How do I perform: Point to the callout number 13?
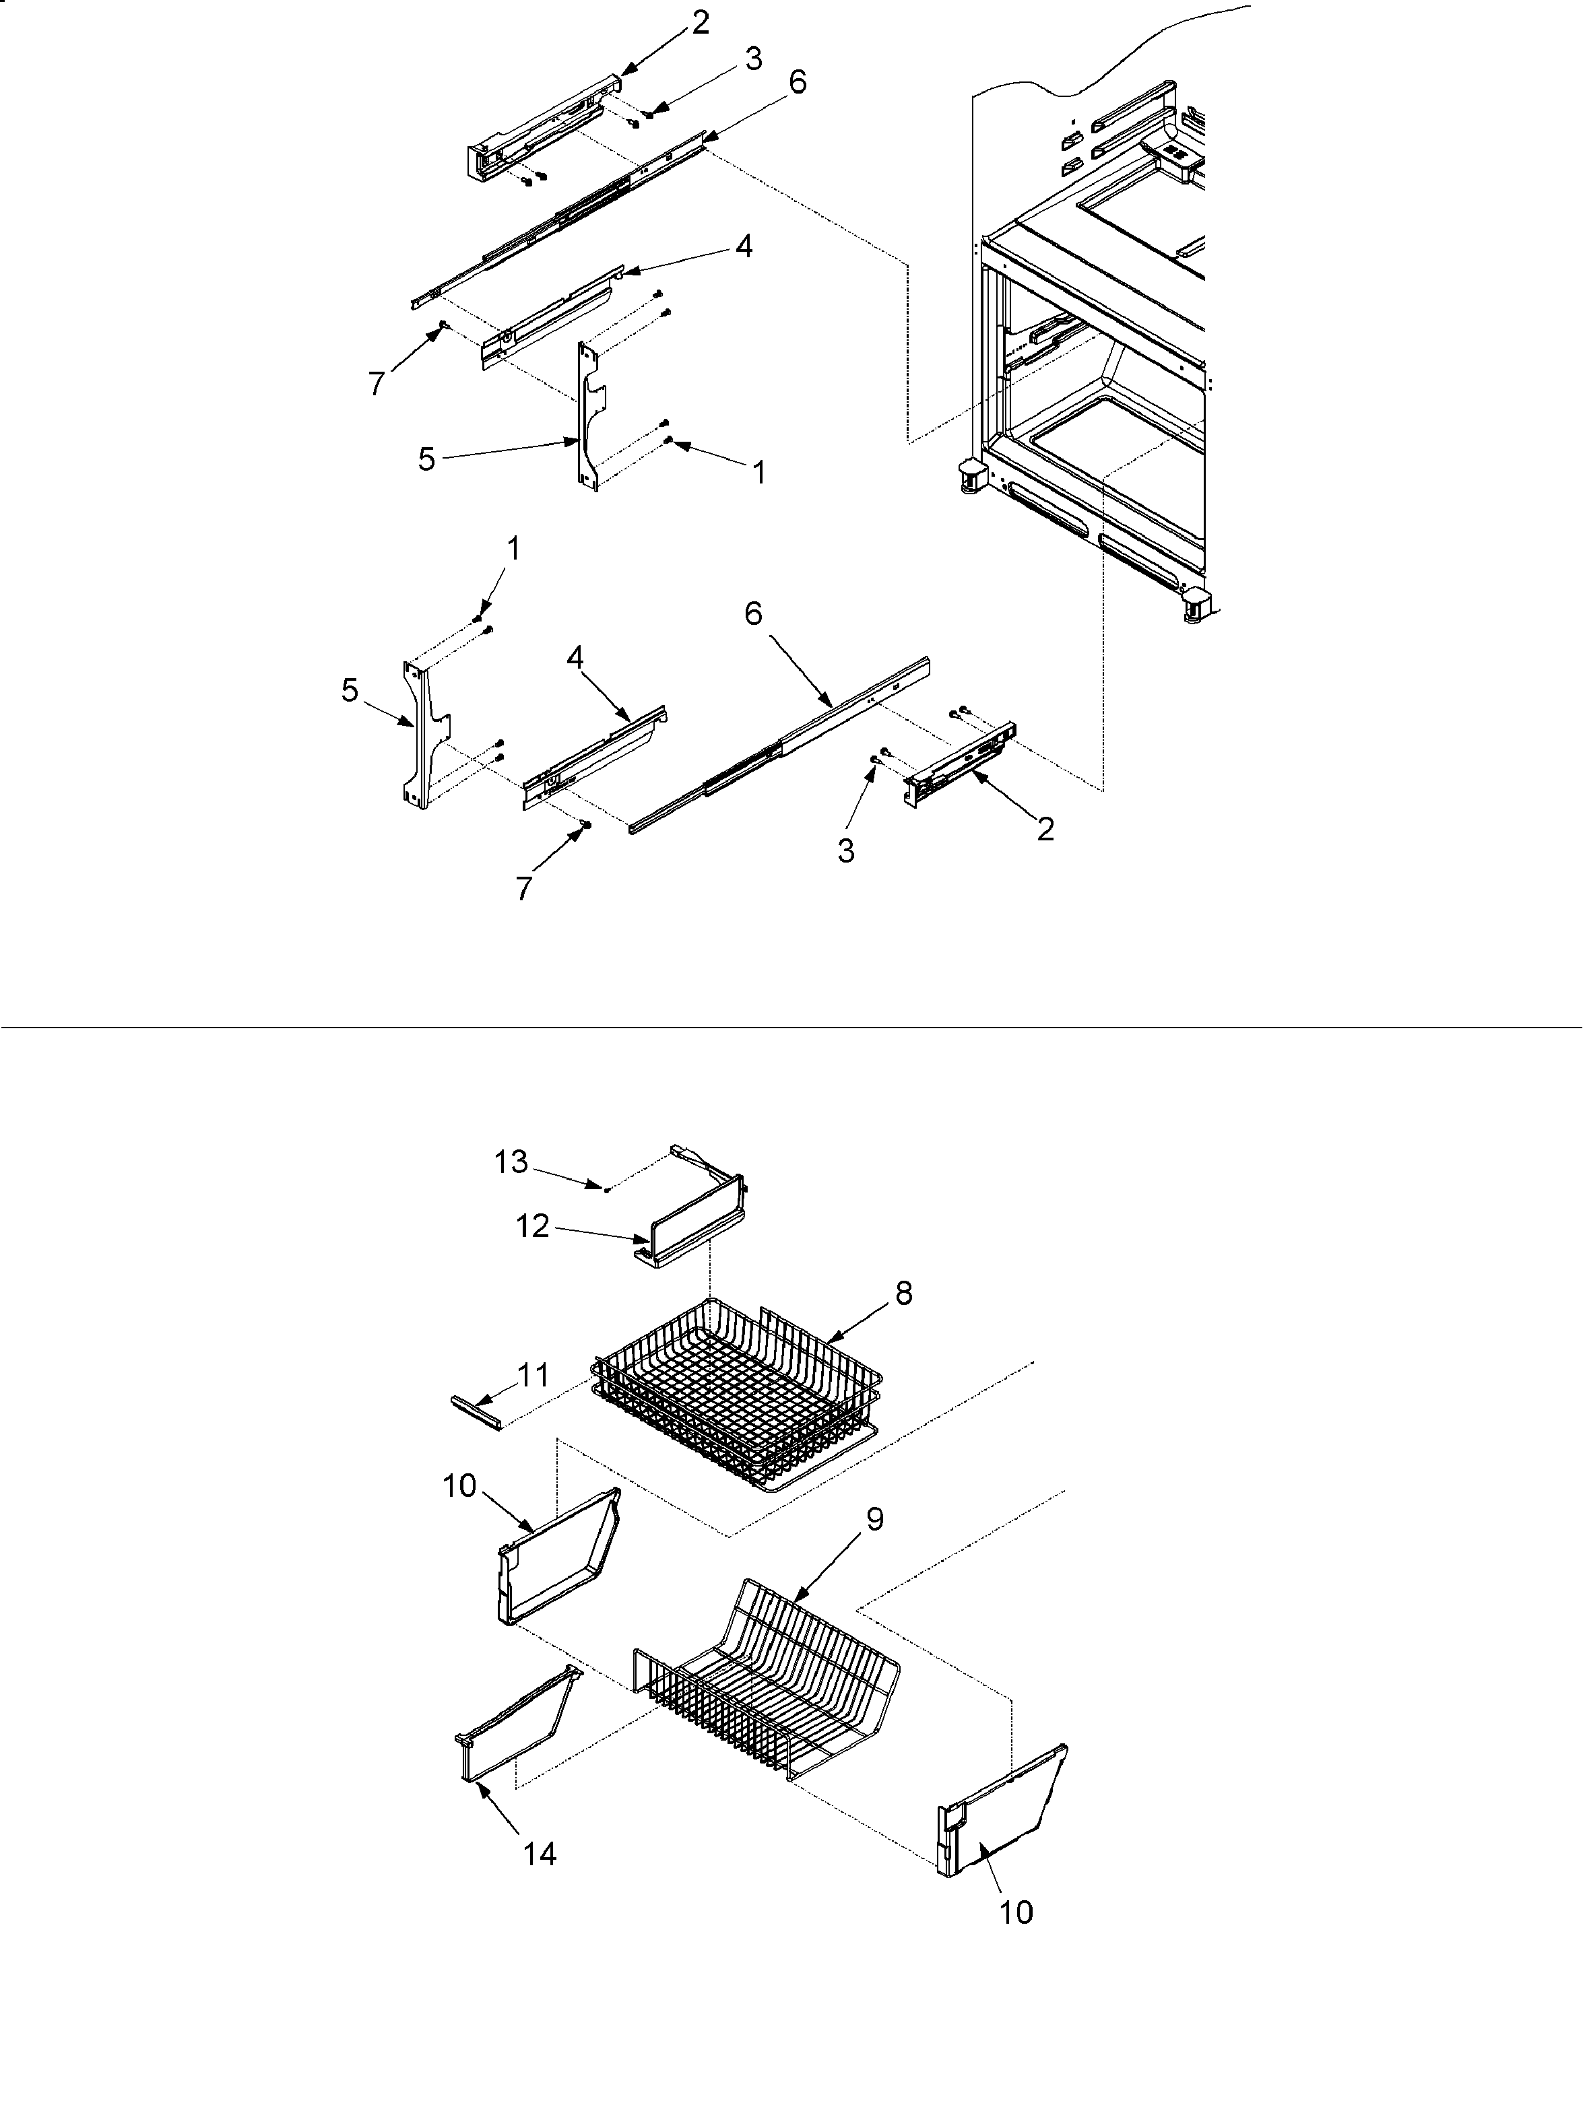511,1162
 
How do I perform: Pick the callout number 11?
532,1376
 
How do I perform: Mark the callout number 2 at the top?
701,23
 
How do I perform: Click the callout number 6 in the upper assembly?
797,83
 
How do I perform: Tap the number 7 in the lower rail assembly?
523,888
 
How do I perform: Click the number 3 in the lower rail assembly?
845,850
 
